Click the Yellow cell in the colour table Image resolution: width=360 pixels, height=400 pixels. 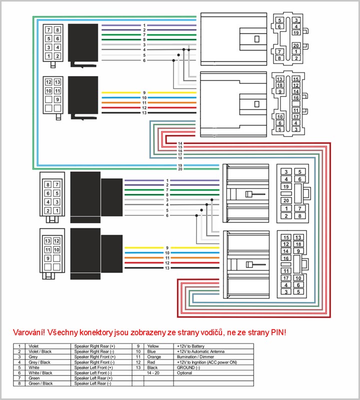(x=153, y=345)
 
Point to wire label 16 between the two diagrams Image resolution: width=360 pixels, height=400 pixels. (x=180, y=150)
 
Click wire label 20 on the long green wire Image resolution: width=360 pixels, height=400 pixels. (x=180, y=168)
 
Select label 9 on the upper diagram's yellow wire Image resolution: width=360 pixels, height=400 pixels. (x=144, y=93)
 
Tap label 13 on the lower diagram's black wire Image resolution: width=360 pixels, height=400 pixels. (x=167, y=268)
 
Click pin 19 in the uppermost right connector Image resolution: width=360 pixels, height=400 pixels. (x=296, y=32)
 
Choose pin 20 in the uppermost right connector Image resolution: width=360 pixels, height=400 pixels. (x=296, y=45)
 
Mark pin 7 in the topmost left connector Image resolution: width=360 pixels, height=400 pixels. (x=48, y=30)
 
